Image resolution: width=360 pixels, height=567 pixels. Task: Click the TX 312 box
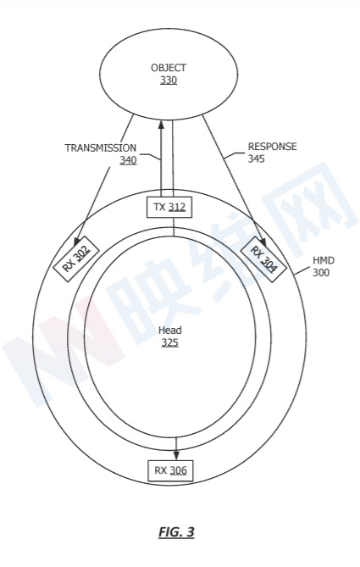169,208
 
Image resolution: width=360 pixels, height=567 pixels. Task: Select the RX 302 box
76,258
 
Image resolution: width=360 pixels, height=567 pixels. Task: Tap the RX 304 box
263,258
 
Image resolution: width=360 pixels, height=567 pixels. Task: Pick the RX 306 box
170,470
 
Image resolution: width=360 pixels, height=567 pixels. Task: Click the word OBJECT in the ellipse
169,68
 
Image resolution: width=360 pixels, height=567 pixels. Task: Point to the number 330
169,80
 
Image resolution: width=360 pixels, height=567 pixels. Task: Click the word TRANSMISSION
101,147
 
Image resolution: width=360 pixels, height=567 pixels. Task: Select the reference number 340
128,160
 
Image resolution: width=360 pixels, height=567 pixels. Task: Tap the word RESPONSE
272,147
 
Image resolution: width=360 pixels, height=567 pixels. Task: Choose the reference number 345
256,158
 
